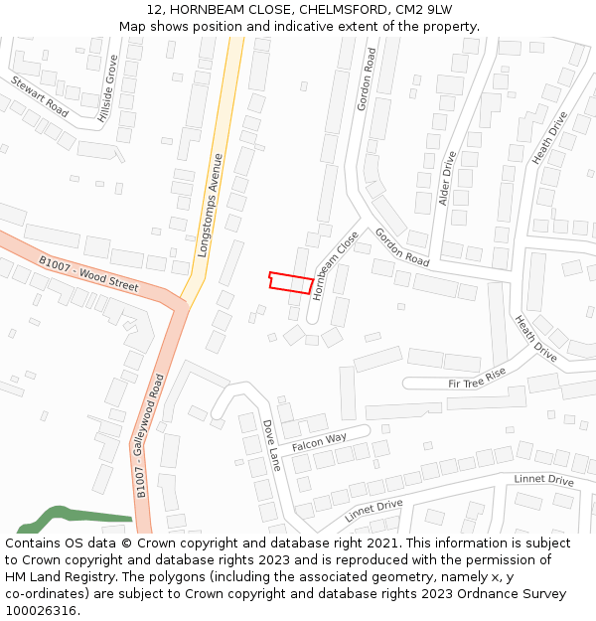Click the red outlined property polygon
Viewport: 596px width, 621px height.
tap(291, 282)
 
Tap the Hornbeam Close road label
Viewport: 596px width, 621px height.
tap(335, 265)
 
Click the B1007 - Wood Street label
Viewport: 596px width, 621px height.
tap(88, 273)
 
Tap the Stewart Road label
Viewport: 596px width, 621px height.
tap(40, 96)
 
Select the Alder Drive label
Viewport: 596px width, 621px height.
tap(447, 179)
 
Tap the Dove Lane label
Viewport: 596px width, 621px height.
tap(271, 444)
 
